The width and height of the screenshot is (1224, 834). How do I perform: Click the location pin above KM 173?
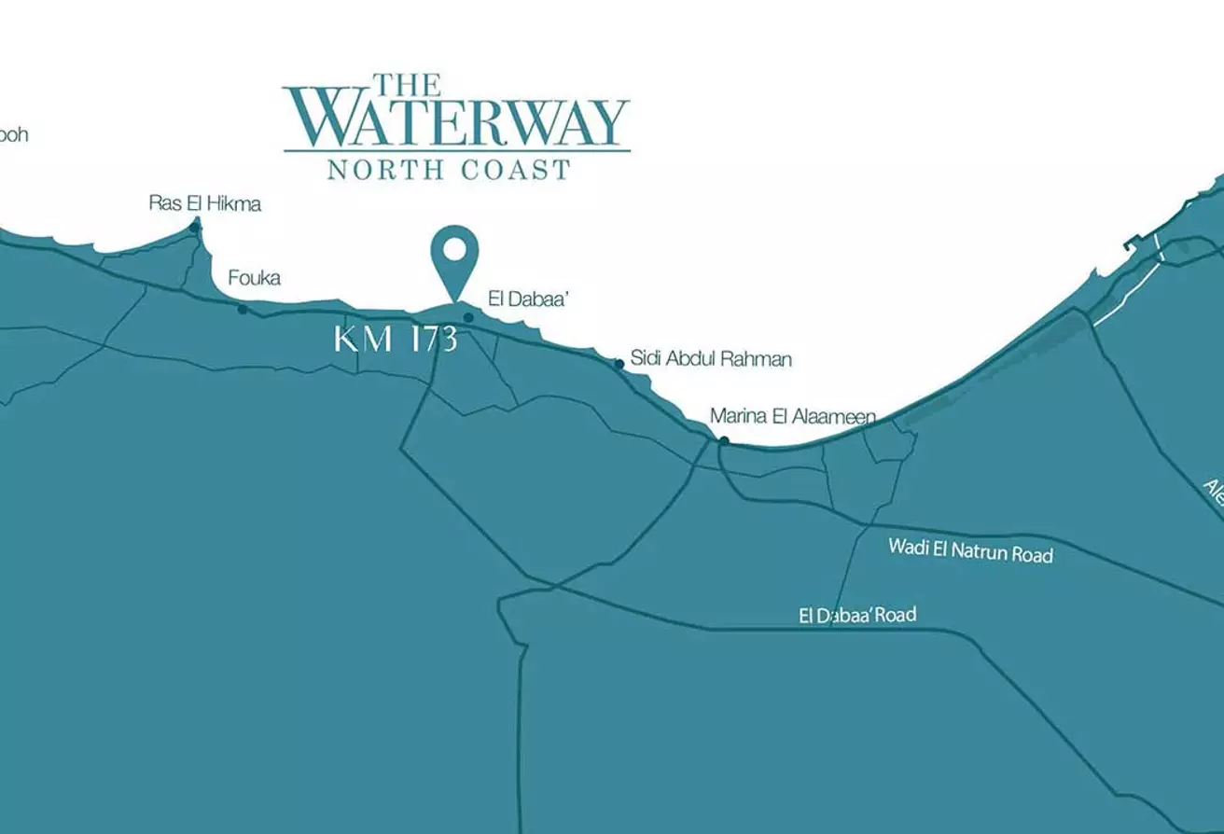(454, 252)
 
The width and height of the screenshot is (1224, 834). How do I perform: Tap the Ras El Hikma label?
(205, 203)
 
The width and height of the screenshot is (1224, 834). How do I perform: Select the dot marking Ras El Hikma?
(195, 226)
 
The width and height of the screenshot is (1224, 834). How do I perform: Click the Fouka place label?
(254, 278)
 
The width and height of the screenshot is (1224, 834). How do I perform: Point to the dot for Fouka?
(243, 309)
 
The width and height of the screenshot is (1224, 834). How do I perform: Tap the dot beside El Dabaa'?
(468, 317)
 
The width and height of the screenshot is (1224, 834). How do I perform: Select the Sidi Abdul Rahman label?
(711, 358)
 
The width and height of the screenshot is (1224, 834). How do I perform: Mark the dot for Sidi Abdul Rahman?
(619, 364)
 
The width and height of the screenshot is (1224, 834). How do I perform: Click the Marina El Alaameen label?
(793, 416)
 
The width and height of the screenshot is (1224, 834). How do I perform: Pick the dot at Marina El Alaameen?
(724, 440)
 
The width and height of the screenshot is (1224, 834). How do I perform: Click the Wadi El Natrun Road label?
(970, 549)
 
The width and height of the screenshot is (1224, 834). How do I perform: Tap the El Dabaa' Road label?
(857, 615)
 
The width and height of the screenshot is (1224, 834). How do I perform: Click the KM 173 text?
(396, 339)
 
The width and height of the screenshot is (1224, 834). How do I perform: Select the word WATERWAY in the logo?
(456, 122)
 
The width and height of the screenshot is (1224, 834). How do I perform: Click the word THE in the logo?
(407, 85)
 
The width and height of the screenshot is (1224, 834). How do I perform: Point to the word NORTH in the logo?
(379, 170)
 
